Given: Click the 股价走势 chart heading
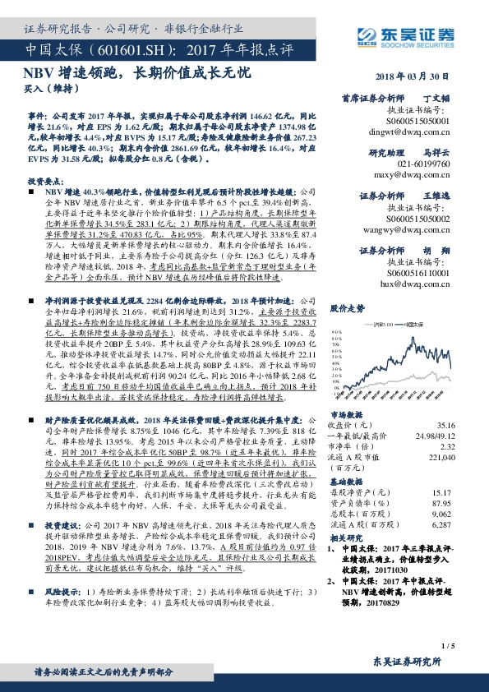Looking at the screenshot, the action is [346, 307].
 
